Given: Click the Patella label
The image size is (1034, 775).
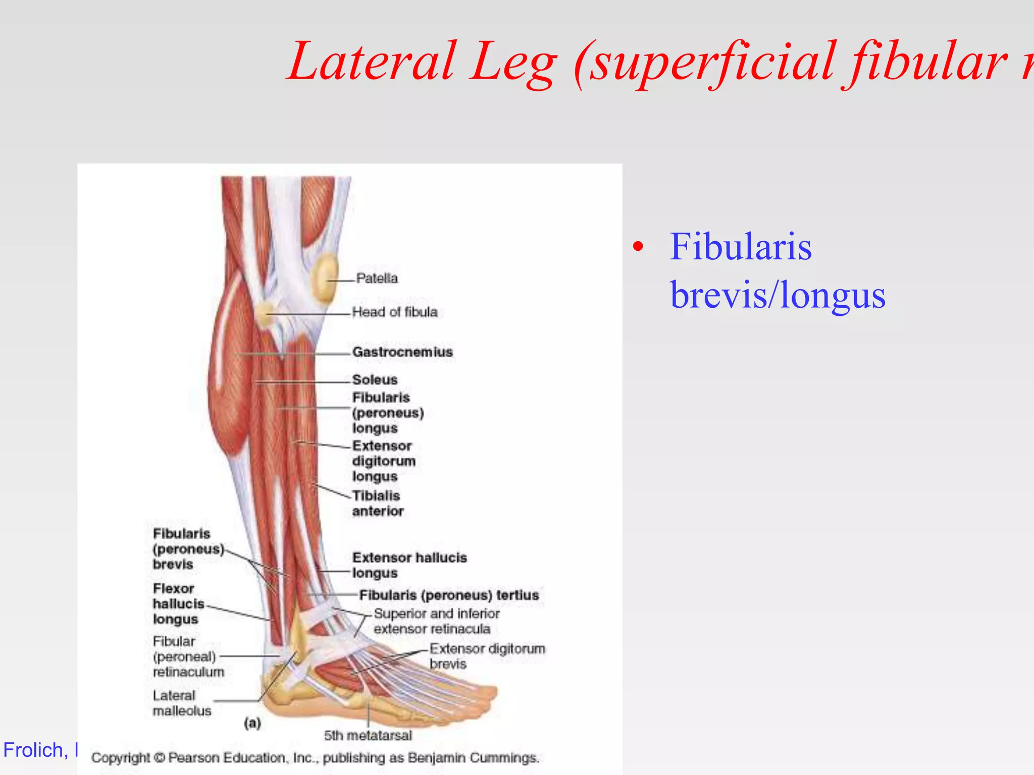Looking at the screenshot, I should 377,278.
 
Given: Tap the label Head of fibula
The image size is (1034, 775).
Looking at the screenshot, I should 394,312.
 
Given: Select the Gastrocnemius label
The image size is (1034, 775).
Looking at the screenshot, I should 402,352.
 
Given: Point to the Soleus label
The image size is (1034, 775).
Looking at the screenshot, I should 375,379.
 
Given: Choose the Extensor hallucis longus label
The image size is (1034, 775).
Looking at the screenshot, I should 409,565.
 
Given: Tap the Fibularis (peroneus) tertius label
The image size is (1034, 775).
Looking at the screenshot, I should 449,595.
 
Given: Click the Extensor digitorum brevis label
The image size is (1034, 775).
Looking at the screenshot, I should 487,656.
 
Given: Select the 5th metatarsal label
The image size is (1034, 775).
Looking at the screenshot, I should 368,735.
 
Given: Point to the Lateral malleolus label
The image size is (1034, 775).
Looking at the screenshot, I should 182,703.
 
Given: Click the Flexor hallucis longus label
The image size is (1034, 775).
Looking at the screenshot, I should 178,603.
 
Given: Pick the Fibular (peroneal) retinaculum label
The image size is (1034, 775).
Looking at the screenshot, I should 188,656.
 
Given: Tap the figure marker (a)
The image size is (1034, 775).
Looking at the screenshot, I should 252,723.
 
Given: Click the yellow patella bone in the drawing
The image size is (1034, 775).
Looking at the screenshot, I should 325,278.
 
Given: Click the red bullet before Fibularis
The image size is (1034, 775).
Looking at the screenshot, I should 639,247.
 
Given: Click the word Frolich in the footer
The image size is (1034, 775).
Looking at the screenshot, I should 32,750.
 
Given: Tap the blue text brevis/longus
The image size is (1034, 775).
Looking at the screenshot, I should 778,295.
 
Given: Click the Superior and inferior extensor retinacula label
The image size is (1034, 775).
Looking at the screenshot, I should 436,621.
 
